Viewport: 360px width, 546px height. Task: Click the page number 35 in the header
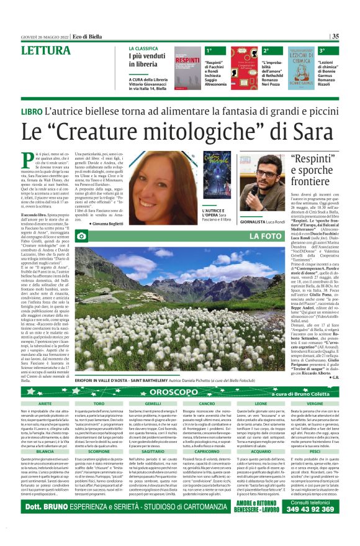click(336, 36)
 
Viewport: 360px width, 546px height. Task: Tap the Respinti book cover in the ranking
click(187, 69)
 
